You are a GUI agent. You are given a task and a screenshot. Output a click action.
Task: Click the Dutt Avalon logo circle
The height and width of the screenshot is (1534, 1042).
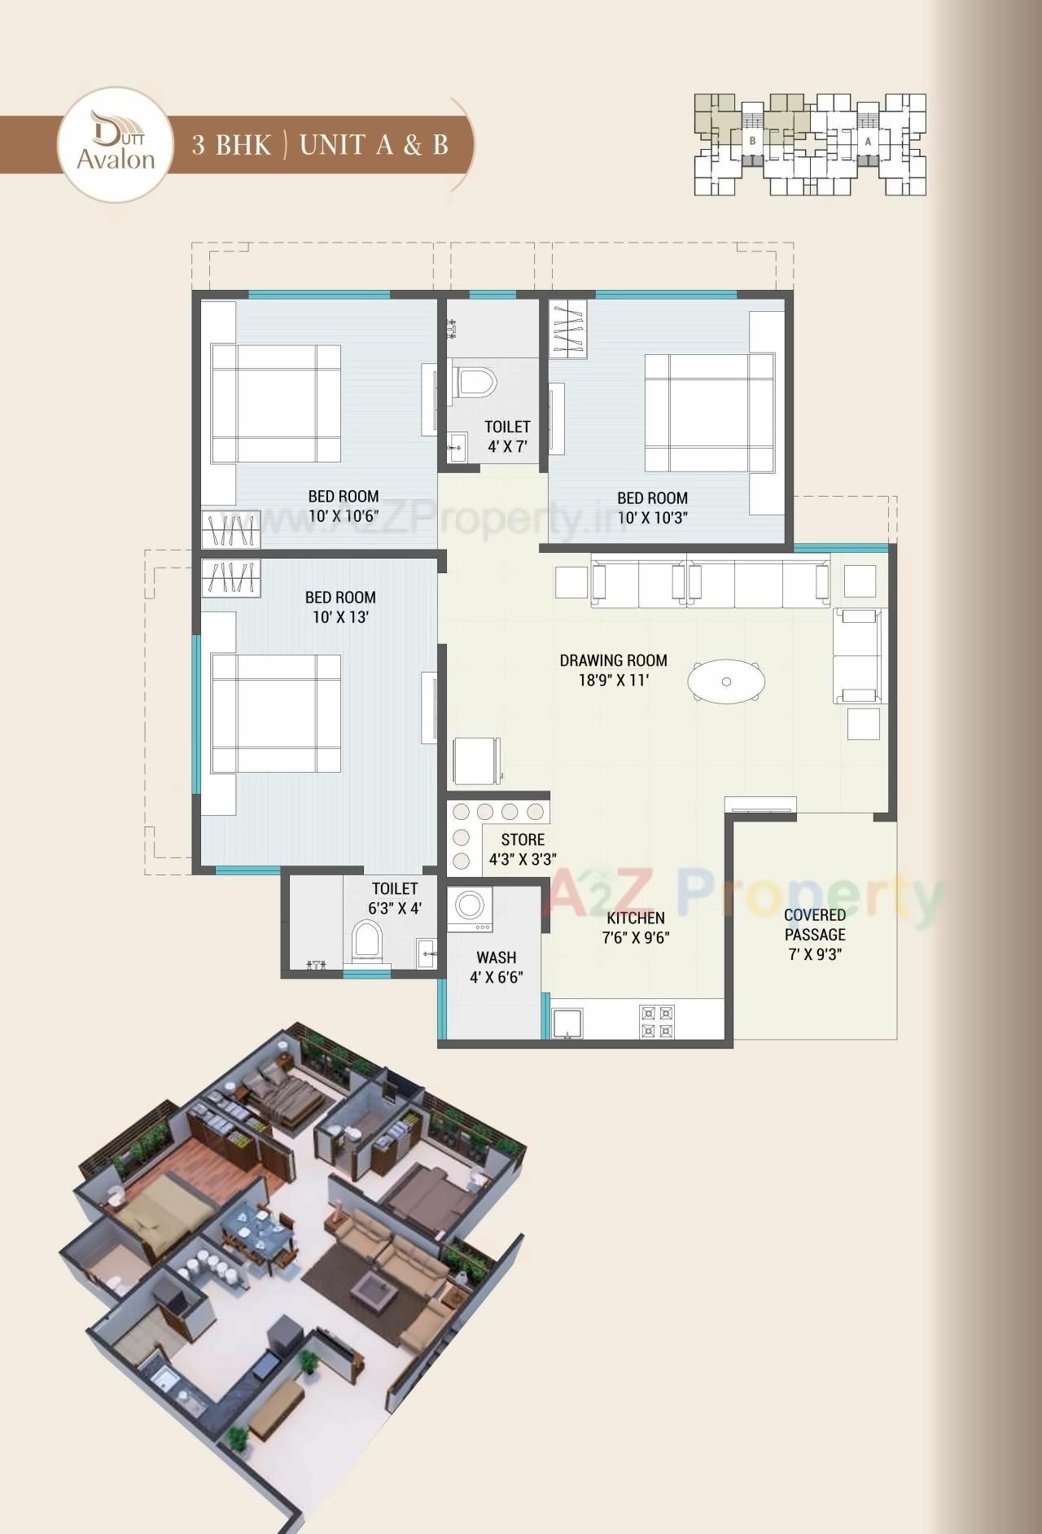(x=116, y=144)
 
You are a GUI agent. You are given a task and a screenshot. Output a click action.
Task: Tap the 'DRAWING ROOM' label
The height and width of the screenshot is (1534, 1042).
(x=613, y=660)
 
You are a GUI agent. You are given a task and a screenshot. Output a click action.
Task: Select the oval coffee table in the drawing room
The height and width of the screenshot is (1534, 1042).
(x=726, y=681)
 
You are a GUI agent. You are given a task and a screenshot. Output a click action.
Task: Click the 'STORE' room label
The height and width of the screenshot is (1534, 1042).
(x=523, y=839)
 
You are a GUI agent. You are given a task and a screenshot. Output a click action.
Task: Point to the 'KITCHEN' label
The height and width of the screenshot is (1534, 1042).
(x=635, y=918)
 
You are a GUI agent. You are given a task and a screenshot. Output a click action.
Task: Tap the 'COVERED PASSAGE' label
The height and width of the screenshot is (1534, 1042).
(x=814, y=925)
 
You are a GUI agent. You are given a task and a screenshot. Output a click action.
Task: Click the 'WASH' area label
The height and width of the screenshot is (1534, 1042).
(x=496, y=958)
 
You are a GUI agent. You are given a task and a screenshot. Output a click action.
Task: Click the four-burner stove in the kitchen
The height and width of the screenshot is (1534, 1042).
(x=657, y=1022)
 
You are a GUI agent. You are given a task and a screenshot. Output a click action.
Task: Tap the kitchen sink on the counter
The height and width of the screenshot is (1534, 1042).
(x=567, y=1023)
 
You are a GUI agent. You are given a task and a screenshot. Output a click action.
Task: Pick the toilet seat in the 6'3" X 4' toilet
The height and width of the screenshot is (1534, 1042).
(x=366, y=942)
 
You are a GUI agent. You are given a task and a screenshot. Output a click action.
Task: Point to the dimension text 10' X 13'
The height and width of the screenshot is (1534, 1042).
(x=340, y=617)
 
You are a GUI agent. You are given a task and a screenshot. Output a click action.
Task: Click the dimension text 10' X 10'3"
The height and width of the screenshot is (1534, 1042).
(x=652, y=518)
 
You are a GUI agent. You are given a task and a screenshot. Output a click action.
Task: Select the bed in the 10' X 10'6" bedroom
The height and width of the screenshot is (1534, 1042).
(x=275, y=404)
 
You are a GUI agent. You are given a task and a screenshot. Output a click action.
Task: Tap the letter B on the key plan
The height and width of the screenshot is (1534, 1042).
(x=753, y=141)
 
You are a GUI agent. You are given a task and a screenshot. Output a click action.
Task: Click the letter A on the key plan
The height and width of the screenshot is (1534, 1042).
(x=869, y=141)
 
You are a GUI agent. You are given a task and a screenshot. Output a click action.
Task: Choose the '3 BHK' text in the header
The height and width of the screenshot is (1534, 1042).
(x=231, y=145)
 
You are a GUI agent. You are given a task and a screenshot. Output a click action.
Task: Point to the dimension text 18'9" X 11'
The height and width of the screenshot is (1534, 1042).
(x=613, y=681)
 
